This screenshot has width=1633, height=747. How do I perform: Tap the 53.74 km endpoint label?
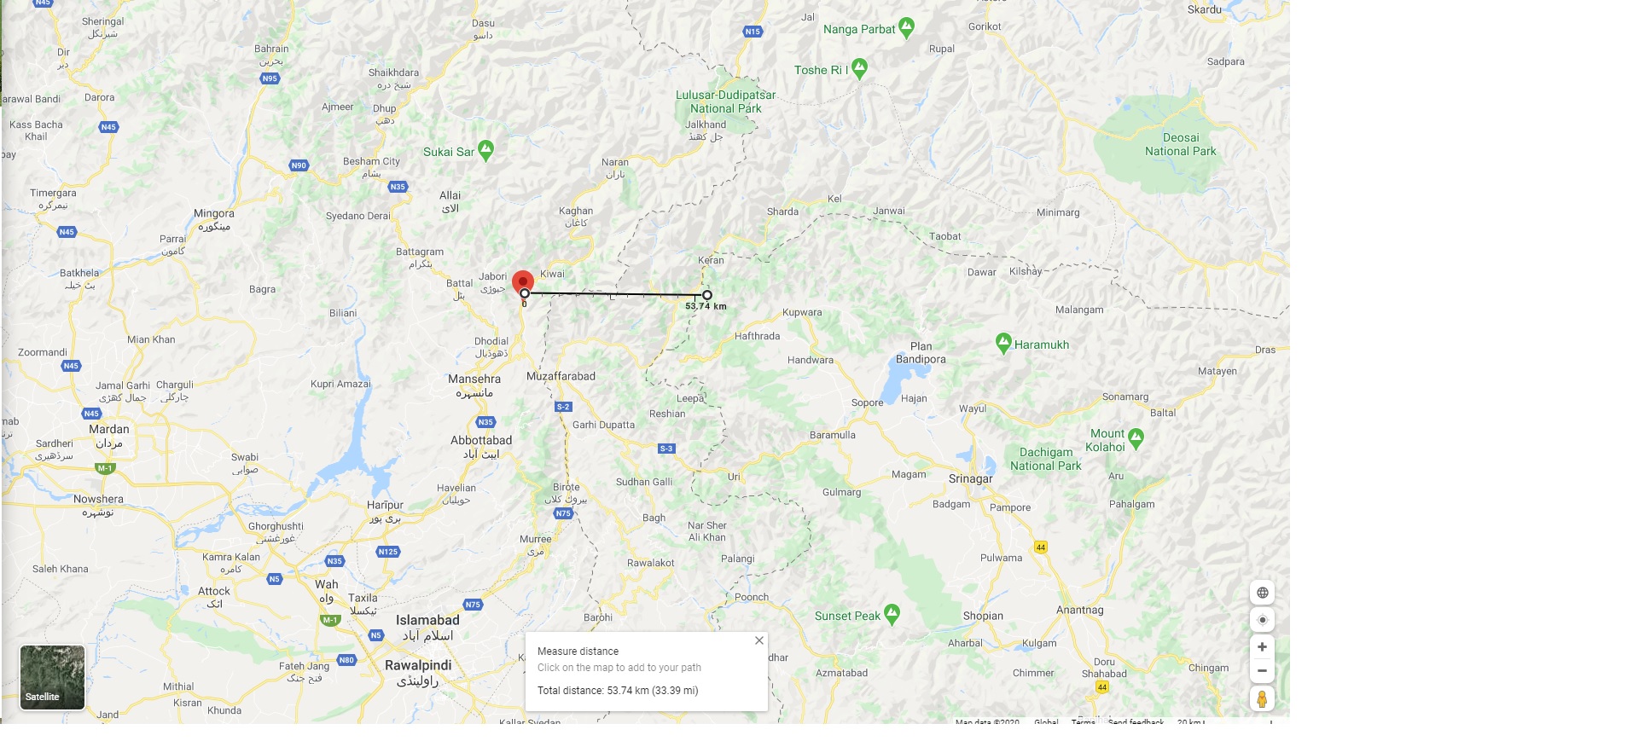(706, 306)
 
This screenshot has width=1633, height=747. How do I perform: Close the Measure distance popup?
(758, 640)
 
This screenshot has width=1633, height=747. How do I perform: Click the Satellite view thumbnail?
(52, 677)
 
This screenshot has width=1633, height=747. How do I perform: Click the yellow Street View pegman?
(1262, 699)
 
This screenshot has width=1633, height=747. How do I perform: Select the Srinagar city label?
(970, 479)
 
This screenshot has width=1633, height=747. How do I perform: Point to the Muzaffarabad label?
(561, 376)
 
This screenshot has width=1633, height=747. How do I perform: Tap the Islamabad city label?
(427, 621)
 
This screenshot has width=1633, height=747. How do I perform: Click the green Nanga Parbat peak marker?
(906, 27)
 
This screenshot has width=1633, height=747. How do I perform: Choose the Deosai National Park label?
(1180, 144)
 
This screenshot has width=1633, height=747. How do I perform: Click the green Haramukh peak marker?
(1003, 343)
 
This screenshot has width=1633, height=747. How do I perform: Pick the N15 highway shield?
(752, 32)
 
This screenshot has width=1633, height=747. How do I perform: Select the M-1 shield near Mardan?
(105, 468)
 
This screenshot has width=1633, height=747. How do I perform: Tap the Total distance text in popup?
(618, 691)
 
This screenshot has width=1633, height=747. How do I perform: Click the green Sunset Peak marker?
(892, 613)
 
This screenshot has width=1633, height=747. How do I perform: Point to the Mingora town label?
(213, 214)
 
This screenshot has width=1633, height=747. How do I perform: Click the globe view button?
(1262, 593)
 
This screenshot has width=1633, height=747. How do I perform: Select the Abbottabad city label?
(481, 441)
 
